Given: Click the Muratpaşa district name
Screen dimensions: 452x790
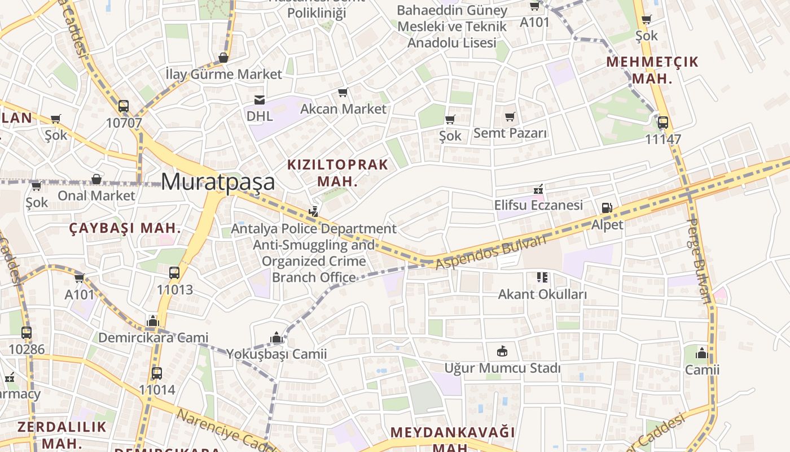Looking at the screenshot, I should tap(218, 182).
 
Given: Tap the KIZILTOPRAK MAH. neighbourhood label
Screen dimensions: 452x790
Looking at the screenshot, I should tap(337, 173).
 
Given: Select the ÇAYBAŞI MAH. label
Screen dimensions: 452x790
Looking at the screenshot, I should tap(125, 228).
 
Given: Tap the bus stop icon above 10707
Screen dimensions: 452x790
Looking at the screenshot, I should tap(124, 106).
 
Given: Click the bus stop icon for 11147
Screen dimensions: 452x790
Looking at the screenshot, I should tap(663, 122).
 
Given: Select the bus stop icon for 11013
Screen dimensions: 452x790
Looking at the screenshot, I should tap(174, 273).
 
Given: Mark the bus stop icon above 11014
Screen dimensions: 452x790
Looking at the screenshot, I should tap(157, 373).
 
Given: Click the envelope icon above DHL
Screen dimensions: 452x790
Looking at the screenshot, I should tap(260, 100).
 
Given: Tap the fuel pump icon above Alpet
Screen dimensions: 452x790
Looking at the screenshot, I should tap(607, 208).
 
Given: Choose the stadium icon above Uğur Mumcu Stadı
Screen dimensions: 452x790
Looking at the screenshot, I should tap(502, 351).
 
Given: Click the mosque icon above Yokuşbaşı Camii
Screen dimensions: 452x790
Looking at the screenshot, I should tap(276, 338).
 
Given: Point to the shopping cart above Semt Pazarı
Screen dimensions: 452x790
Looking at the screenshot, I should tap(510, 117).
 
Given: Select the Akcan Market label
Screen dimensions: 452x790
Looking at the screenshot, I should tap(343, 108).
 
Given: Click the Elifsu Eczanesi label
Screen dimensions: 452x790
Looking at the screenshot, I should tap(538, 205).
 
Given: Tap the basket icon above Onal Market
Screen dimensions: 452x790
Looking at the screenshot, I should tap(96, 180).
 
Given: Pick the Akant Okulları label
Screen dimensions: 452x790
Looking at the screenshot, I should tap(542, 294).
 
